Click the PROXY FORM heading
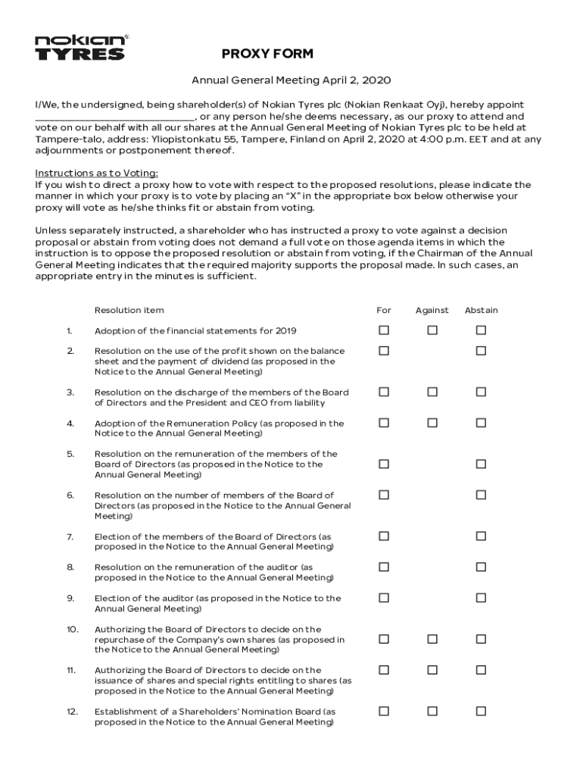pos(267,54)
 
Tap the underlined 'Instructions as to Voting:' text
pos(97,173)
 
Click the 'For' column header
pos(384,310)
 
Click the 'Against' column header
pos(432,310)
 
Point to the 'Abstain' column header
pos(481,310)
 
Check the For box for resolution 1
pos(384,330)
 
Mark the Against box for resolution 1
pos(432,330)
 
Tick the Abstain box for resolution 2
pos(481,351)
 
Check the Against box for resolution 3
pos(432,392)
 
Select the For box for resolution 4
pos(384,423)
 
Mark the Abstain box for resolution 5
pos(481,464)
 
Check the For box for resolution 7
pos(384,536)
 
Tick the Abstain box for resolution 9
pos(481,598)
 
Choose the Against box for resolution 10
pos(432,639)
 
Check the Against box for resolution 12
pos(432,712)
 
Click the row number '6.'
pos(70,495)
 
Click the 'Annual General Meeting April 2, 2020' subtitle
pos(291,80)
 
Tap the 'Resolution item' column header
pos(129,310)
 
